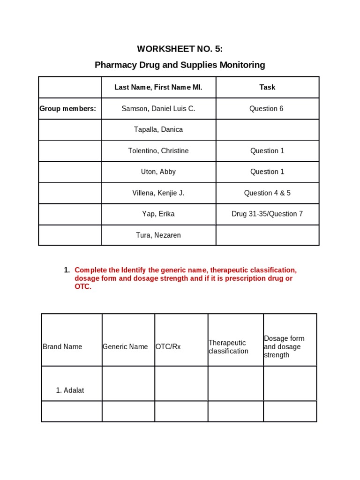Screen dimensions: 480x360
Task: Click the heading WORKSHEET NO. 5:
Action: tap(180, 49)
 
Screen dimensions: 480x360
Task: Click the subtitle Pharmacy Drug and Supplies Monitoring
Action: tap(180, 65)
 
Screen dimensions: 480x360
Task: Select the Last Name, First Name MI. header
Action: tap(158, 87)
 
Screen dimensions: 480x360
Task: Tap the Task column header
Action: tap(267, 87)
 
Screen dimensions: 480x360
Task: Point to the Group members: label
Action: tap(67, 109)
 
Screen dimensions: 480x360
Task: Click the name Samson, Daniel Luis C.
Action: tap(158, 109)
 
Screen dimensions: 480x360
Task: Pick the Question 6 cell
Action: tap(267, 109)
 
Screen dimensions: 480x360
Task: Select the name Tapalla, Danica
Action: tap(158, 129)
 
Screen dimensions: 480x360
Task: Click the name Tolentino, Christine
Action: tap(158, 151)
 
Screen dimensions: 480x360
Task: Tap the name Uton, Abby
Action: tap(158, 172)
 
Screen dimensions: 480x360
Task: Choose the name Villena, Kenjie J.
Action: tap(158, 193)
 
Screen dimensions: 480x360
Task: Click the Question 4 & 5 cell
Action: tap(267, 193)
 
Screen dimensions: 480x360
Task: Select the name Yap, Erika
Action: tap(158, 214)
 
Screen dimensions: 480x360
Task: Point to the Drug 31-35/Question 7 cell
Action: tap(267, 214)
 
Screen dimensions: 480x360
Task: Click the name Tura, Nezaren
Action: tap(158, 235)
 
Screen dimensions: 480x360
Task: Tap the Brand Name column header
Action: tap(62, 347)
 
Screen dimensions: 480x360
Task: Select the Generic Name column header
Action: tap(125, 347)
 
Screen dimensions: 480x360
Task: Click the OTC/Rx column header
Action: tap(168, 347)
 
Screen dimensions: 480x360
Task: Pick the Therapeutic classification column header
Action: tap(228, 347)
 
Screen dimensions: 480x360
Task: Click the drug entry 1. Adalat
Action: tap(70, 390)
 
